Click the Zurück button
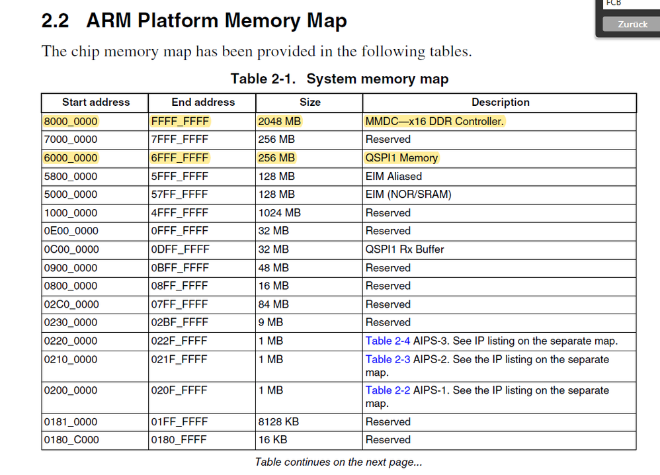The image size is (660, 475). coord(632,24)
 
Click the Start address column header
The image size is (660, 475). coord(96,103)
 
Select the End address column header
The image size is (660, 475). coord(203,103)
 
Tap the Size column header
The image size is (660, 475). coord(309,103)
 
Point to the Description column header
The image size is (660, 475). coord(500,103)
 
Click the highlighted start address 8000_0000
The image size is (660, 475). coord(71,121)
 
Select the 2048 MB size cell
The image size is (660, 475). coord(280,121)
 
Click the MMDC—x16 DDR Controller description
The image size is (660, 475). coord(434,121)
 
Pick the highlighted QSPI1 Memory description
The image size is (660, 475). coord(401,158)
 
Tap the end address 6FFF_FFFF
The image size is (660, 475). coord(180,158)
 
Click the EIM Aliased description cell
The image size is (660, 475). coord(393,177)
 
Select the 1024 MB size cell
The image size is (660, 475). coord(279,213)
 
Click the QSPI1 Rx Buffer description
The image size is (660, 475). coord(405,249)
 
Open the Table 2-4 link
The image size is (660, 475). coord(388,341)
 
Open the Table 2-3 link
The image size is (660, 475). coord(388,360)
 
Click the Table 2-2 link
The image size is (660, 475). coord(388,390)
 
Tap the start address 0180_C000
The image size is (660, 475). coord(71,440)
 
